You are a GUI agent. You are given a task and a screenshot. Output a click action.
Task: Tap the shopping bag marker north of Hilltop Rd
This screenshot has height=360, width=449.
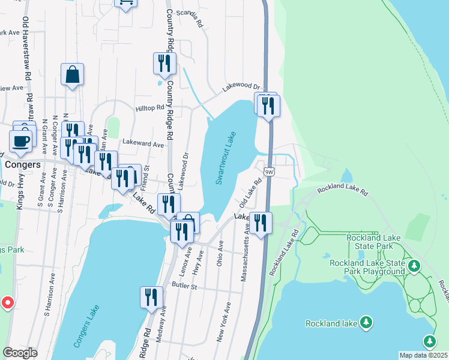[x=72, y=75]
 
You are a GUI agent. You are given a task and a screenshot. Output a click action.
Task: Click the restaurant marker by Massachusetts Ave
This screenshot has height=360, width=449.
[x=261, y=223]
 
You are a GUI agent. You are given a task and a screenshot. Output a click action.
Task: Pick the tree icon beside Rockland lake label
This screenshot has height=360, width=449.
[x=366, y=323]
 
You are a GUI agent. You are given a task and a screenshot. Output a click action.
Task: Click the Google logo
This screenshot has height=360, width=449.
[x=20, y=353]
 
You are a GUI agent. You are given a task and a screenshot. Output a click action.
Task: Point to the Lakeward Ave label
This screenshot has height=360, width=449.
[x=142, y=145]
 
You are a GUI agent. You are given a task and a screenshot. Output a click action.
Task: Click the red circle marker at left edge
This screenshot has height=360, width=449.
[x=6, y=303]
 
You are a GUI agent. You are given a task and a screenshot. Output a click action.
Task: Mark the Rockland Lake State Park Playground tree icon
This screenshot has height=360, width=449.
[x=414, y=265]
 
